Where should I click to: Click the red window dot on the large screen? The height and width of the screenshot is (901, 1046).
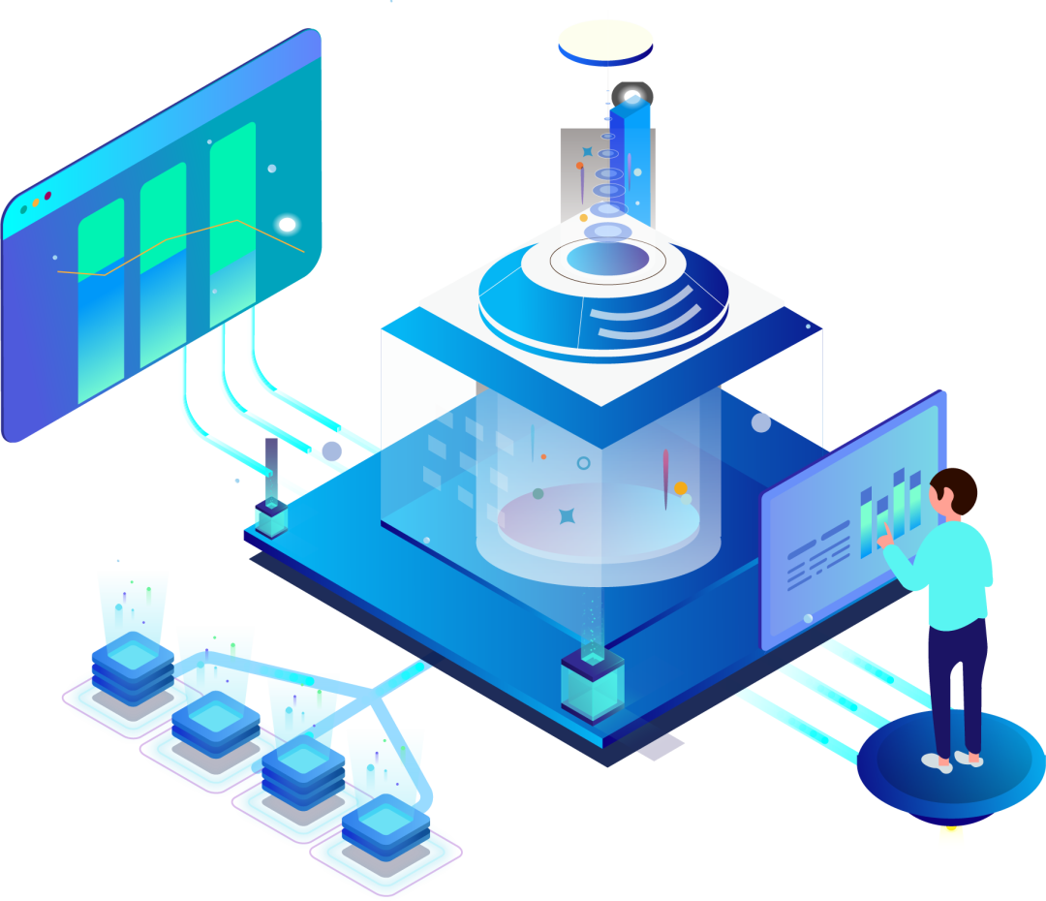point(47,197)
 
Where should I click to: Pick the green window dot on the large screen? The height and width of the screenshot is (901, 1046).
point(23,209)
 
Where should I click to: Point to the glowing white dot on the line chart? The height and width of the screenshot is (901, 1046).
point(287,225)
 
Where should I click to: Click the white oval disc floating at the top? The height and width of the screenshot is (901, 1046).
point(605,42)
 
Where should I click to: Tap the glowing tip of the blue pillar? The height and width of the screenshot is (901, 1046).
point(632,98)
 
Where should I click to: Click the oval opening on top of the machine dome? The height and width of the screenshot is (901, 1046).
point(607,258)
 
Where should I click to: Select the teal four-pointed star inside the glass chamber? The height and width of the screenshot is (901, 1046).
point(568,515)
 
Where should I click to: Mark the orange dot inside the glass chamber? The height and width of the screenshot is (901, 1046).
point(681,488)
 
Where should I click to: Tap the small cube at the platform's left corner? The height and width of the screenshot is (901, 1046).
point(271,518)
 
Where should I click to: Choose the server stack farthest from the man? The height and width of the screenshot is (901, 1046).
point(132,668)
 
